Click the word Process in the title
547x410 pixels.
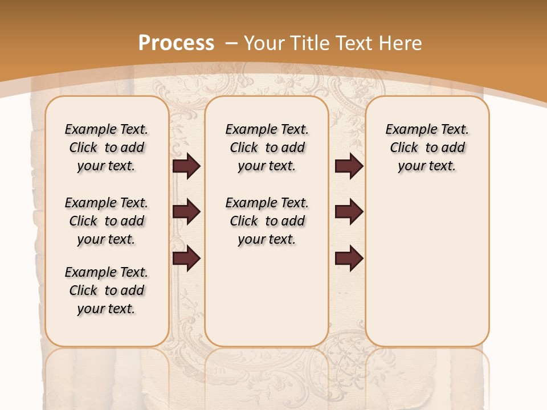pos(176,43)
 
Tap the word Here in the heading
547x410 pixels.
pos(401,43)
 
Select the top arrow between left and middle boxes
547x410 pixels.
pos(186,166)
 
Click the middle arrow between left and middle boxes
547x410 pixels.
pos(186,212)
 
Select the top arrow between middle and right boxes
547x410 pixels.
pos(349,166)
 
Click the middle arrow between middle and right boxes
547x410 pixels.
pos(349,212)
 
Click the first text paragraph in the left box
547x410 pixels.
pos(107,147)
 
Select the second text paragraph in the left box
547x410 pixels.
pos(107,221)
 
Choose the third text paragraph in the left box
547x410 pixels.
pos(107,290)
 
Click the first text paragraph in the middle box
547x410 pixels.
pos(267,147)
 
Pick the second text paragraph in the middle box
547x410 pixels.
pos(267,221)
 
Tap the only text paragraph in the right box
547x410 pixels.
pos(427,147)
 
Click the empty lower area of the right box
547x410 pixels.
pos(427,273)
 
